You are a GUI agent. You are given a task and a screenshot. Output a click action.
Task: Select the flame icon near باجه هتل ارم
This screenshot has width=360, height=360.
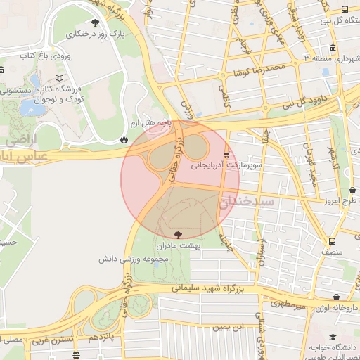click(124, 139)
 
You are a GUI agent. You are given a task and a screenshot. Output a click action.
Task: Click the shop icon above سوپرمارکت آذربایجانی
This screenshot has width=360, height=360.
click(226, 153)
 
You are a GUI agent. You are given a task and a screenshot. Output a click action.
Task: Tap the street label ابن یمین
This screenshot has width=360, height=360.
click(227, 327)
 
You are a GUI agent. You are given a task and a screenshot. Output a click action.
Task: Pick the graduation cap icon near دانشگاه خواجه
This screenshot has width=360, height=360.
click(331, 337)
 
